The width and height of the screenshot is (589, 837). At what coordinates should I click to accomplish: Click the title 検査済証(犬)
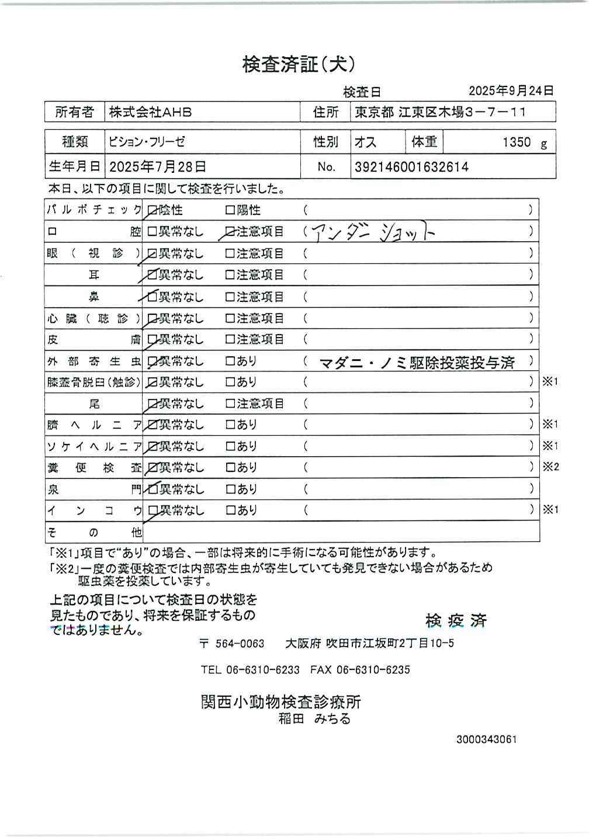299,64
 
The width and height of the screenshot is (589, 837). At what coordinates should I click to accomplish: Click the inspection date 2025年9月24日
511,91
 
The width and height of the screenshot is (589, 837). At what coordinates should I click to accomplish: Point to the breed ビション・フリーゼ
147,142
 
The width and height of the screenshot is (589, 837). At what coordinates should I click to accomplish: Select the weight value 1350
517,142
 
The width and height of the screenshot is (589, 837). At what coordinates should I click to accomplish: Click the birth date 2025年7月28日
158,166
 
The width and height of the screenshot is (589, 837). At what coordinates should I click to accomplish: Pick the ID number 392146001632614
411,167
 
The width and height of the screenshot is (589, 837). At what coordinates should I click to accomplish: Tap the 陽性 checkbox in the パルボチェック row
230,210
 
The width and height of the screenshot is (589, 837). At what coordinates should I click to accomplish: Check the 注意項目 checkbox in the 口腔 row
230,232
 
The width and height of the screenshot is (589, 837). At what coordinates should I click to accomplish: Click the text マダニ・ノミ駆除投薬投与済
417,363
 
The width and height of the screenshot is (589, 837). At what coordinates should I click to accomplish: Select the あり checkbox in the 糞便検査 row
230,468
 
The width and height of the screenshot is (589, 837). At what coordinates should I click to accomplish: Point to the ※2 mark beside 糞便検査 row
550,467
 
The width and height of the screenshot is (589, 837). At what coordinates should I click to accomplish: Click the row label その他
94,532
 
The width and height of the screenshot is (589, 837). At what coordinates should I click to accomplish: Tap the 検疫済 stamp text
456,621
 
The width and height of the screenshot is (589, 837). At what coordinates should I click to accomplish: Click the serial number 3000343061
486,739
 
